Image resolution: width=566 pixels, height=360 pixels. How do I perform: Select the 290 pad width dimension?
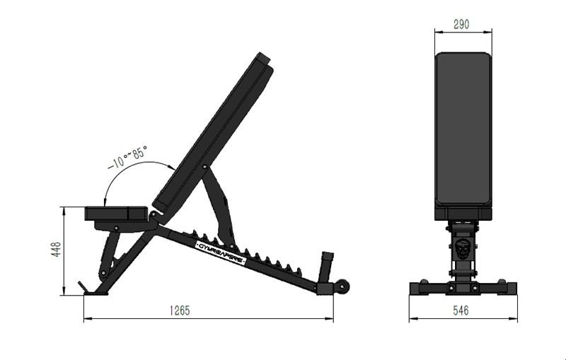click(x=461, y=24)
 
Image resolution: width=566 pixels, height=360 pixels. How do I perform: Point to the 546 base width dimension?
click(x=461, y=310)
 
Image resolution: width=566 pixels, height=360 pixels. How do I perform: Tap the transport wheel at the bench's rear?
click(x=343, y=287)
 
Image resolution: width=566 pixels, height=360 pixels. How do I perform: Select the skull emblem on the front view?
click(x=462, y=249)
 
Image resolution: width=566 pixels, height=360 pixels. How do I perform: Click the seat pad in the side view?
click(x=117, y=213)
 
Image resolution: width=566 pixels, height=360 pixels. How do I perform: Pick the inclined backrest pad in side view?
click(x=212, y=134)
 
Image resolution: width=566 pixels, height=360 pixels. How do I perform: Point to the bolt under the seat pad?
click(x=115, y=227)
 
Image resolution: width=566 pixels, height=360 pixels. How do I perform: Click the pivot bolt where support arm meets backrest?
click(x=205, y=168)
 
